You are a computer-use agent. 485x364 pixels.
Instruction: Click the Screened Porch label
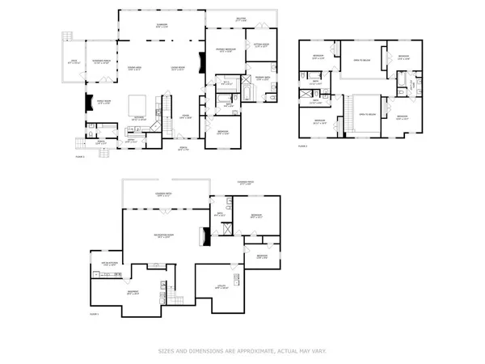103,61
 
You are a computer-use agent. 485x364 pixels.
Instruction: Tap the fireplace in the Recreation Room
205,237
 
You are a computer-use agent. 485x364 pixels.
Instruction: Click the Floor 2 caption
303,146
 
